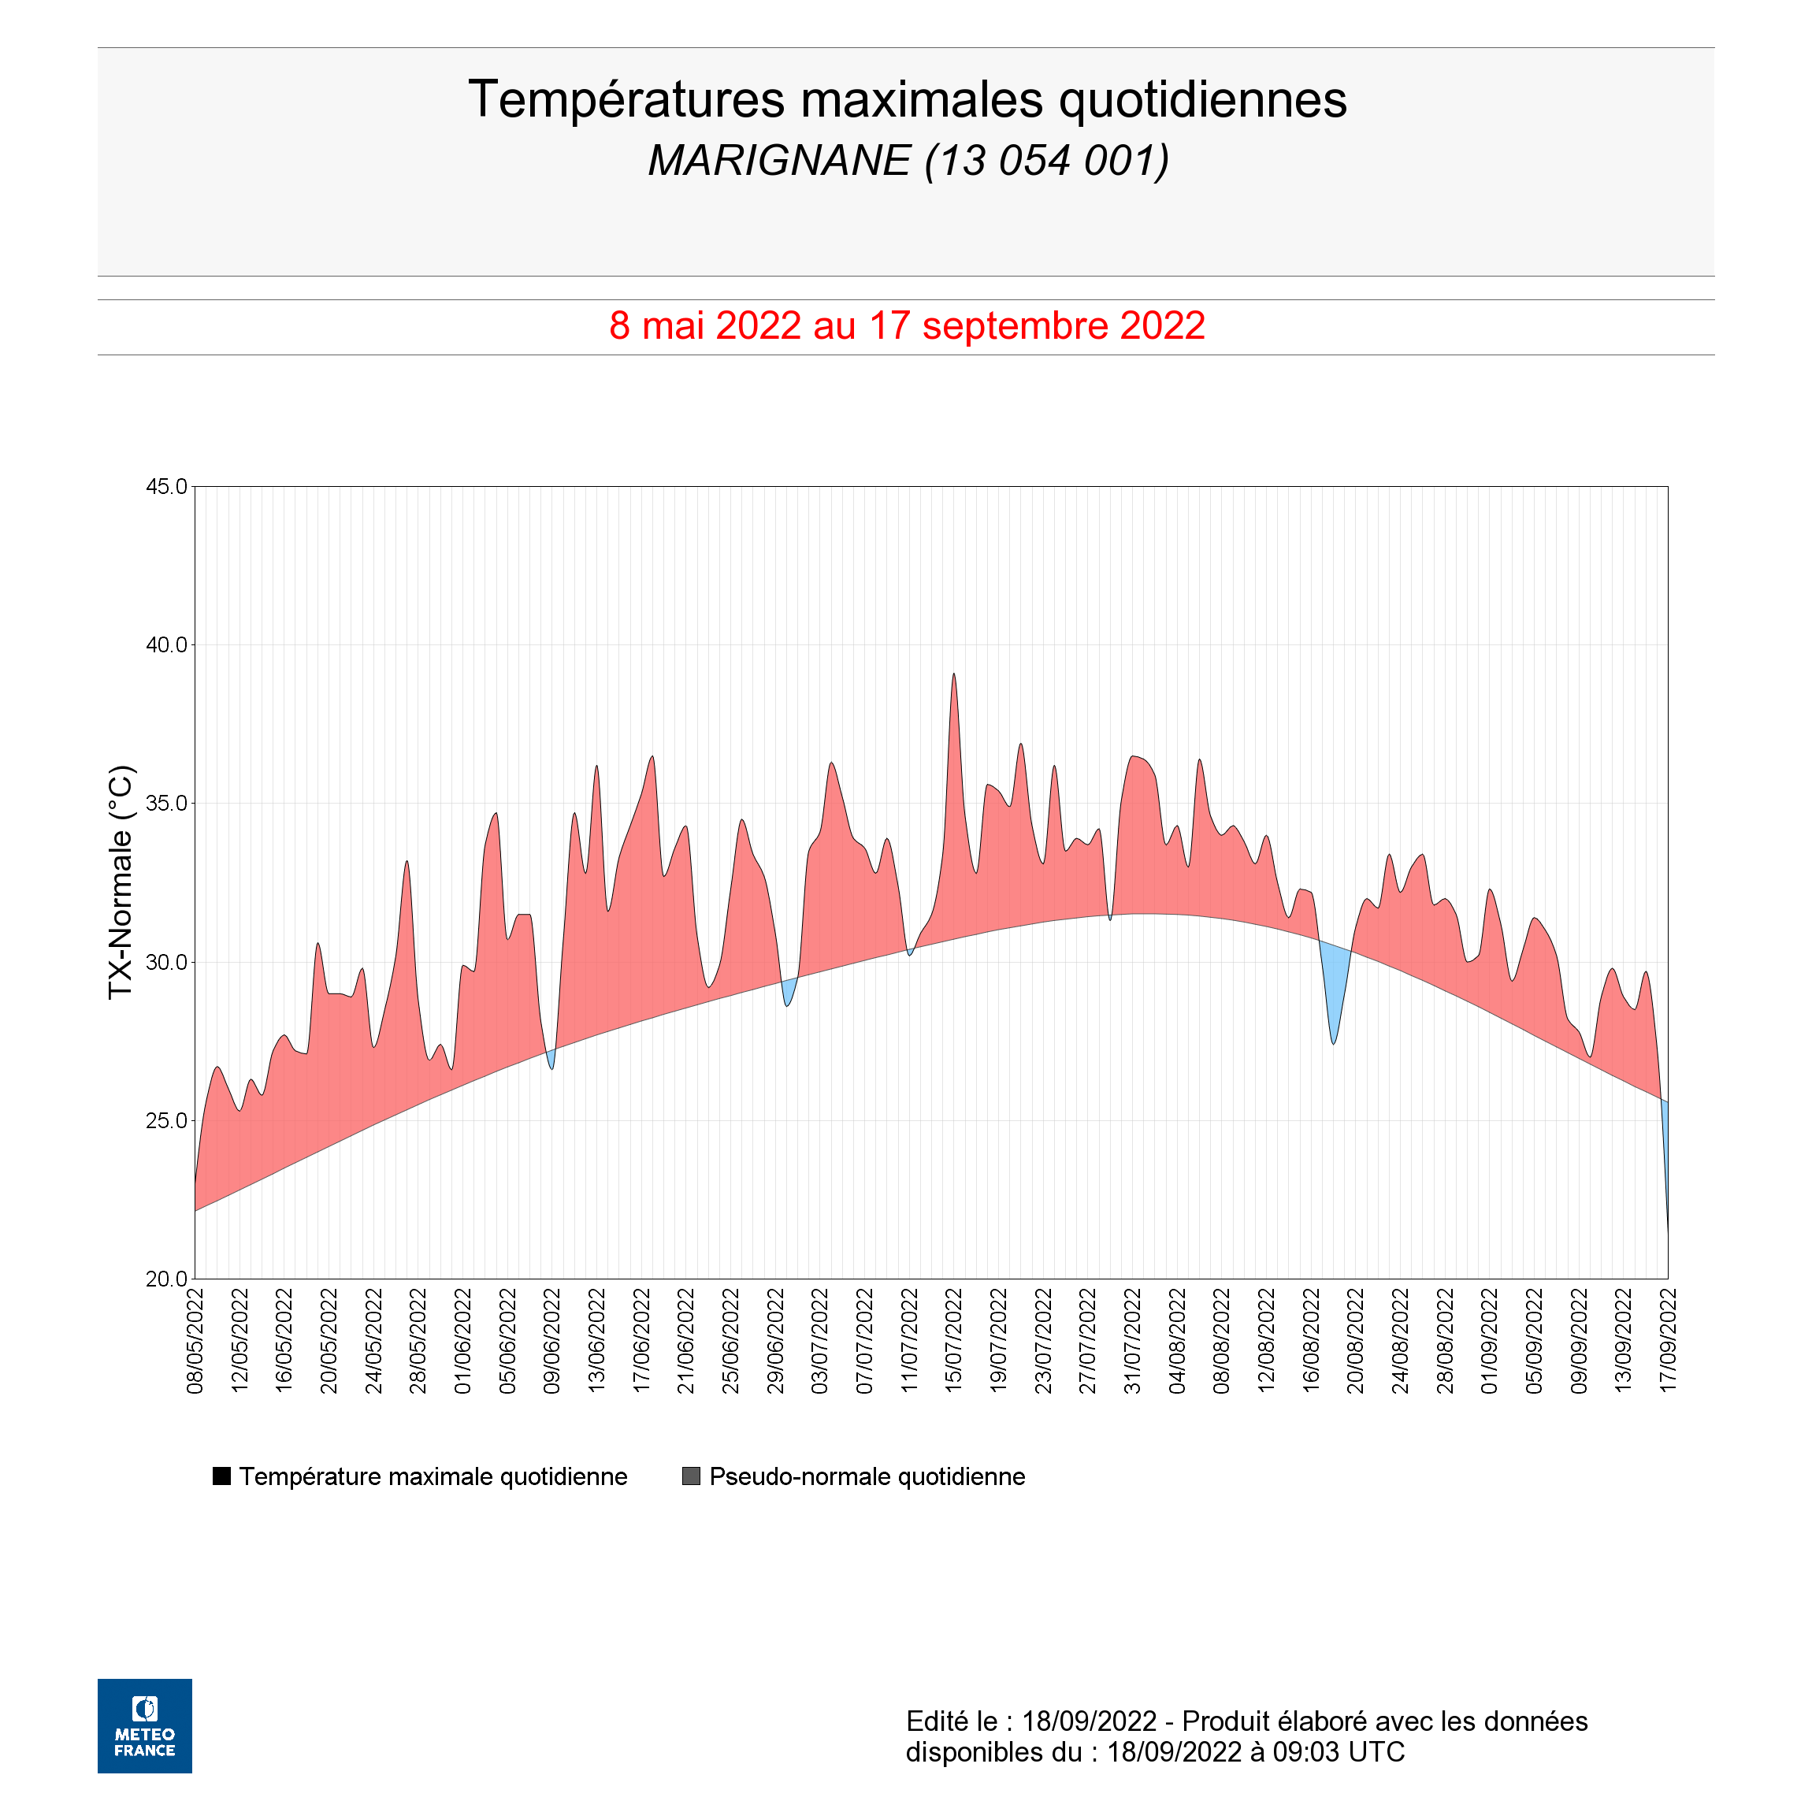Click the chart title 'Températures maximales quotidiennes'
(x=907, y=100)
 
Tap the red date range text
(x=907, y=325)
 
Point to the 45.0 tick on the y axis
(x=166, y=487)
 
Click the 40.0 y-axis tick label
(x=166, y=645)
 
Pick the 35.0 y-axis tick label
(x=166, y=804)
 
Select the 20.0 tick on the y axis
(x=166, y=1279)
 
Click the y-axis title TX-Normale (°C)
(x=121, y=882)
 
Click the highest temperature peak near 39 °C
(x=954, y=674)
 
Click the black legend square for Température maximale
(x=221, y=1476)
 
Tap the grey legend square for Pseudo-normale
(x=691, y=1476)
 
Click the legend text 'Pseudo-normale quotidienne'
(x=867, y=1477)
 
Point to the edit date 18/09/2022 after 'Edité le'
(x=1089, y=1721)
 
